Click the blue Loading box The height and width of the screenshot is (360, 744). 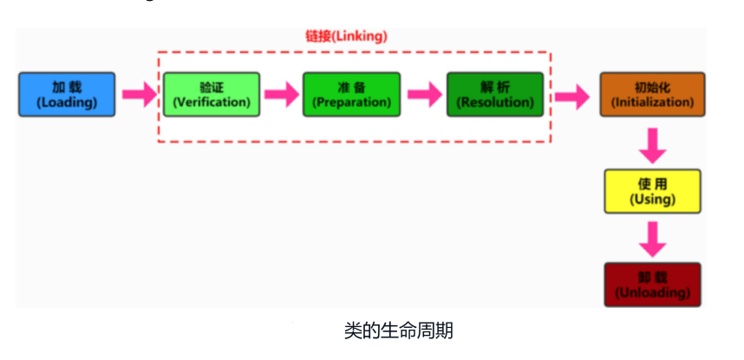(x=67, y=95)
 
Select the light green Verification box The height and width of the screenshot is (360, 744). (x=212, y=95)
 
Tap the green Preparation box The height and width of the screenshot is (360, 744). (x=351, y=95)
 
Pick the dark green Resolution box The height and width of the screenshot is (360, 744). (x=495, y=95)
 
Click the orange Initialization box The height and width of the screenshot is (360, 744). (x=652, y=95)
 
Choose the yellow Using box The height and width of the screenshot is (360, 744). (x=652, y=192)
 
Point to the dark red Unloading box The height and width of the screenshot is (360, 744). (x=652, y=285)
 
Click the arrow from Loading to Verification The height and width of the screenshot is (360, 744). (x=139, y=95)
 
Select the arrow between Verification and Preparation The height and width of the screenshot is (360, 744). (x=281, y=95)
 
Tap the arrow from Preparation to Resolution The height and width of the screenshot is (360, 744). (x=424, y=95)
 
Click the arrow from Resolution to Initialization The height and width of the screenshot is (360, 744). (x=571, y=95)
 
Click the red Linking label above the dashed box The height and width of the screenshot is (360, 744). (x=346, y=36)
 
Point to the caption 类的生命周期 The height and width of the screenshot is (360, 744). (x=398, y=331)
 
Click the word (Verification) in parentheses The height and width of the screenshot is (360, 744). (x=212, y=102)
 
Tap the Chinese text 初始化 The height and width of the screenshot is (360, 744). (x=652, y=88)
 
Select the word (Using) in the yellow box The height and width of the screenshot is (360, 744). (x=652, y=200)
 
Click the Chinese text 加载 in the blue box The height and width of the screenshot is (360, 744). (x=67, y=88)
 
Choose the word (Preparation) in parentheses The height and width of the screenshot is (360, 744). (x=351, y=102)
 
